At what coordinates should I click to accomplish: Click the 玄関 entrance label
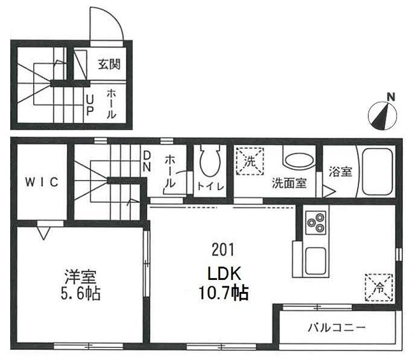coord(109,64)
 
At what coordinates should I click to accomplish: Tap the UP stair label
coord(90,106)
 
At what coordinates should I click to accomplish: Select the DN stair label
coord(146,161)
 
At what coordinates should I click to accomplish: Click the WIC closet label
coord(42,182)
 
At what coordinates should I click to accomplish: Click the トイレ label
coord(211,186)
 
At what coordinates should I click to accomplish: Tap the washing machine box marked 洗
coord(250,162)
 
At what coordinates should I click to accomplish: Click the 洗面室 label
coord(289,183)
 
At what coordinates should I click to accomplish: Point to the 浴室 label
coord(341,172)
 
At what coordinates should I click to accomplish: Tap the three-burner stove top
coord(316,223)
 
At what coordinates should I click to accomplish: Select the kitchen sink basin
coord(316,261)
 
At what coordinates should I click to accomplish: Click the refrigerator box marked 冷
coord(379,287)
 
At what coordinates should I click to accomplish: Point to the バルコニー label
coord(337,328)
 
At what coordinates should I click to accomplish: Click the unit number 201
coord(223,250)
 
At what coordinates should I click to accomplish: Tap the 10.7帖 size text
coord(223,293)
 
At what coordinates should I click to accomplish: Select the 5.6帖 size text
coord(81,293)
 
